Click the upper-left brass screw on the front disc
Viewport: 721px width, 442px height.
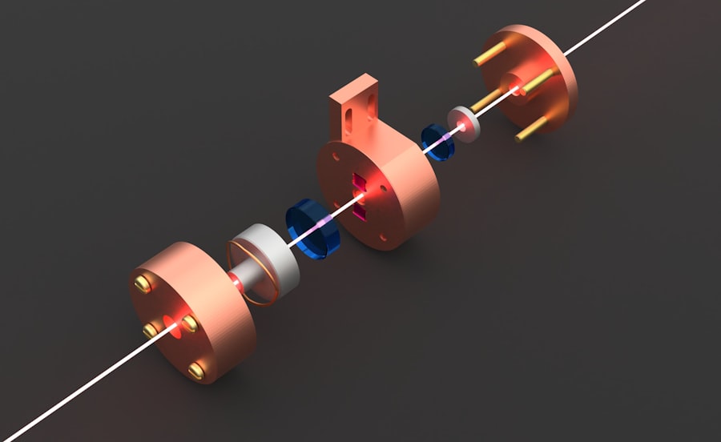143,283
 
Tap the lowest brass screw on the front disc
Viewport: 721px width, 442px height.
196,371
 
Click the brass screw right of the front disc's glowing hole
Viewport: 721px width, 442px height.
191,323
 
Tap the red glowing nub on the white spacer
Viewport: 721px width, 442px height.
237,282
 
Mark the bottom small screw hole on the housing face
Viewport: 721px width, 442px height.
380,237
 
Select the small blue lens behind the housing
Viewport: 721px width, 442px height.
437,143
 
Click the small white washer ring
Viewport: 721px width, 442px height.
464,122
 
